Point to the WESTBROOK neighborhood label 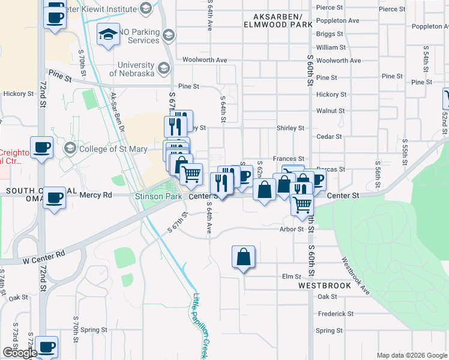tap(325, 286)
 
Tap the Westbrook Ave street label tap(356, 276)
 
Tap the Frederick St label tap(336, 314)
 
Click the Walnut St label tap(331, 111)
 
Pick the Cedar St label tap(329, 137)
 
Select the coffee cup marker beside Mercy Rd tap(54, 197)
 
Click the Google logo tap(20, 353)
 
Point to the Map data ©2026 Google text tap(411, 355)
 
